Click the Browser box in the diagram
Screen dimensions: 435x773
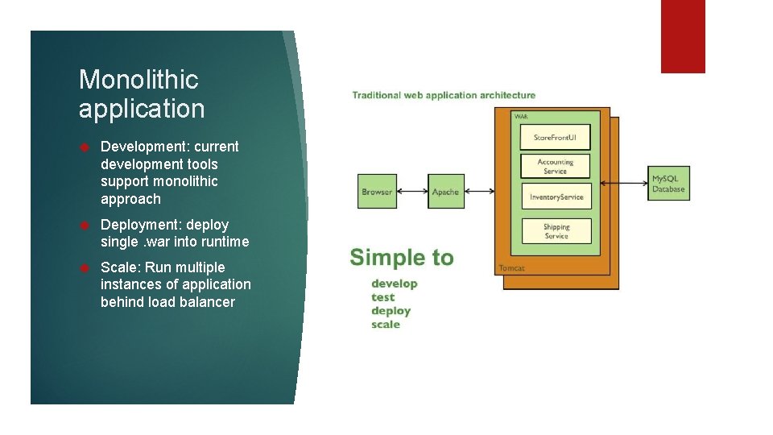click(x=377, y=192)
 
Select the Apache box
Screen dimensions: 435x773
click(x=445, y=192)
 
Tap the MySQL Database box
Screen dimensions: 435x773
click(x=668, y=183)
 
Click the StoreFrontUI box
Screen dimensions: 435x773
click(x=556, y=137)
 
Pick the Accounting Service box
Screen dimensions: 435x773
click(x=556, y=166)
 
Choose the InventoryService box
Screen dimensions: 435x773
click(x=556, y=197)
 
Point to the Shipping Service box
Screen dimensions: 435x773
click(x=556, y=231)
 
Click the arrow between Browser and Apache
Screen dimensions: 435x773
click(x=411, y=192)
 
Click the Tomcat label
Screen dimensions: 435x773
click(x=511, y=267)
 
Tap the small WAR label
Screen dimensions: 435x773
click(x=522, y=117)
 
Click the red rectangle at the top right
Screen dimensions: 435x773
click(x=683, y=36)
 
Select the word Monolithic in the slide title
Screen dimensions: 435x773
click(x=138, y=79)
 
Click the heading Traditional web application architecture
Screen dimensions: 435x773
click(x=444, y=95)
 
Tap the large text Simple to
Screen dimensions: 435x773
click(x=402, y=258)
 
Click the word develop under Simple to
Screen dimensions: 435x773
click(x=394, y=284)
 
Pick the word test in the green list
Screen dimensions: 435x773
click(x=382, y=297)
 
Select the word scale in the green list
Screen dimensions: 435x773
click(x=385, y=325)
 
